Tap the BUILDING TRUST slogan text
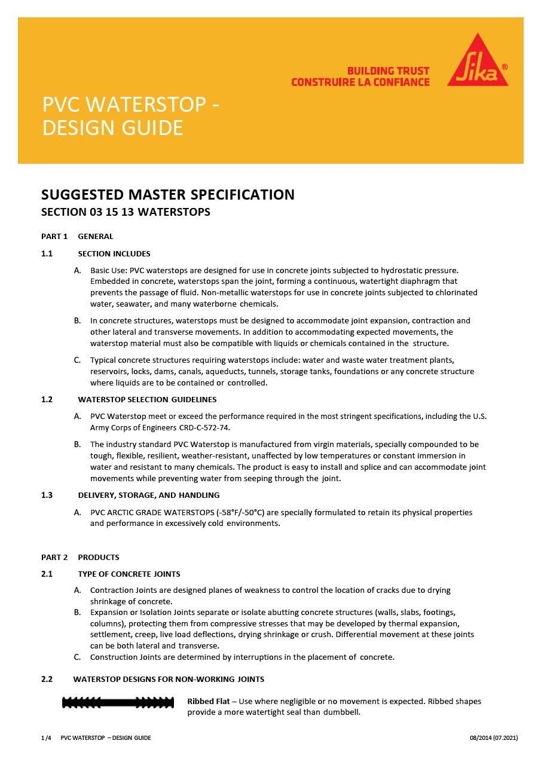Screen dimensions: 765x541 [x=388, y=71]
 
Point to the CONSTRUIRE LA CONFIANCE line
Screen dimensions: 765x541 [x=360, y=82]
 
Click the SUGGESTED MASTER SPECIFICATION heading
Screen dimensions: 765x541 [x=167, y=195]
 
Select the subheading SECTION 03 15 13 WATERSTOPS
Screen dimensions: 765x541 [x=126, y=212]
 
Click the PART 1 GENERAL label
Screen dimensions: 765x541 [x=77, y=236]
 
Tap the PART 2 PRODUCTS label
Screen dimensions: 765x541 [x=80, y=557]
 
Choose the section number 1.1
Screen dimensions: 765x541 [x=47, y=253]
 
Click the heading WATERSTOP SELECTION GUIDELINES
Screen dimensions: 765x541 [x=147, y=399]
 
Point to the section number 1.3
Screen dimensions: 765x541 [x=47, y=495]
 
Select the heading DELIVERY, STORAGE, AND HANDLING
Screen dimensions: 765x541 [x=148, y=495]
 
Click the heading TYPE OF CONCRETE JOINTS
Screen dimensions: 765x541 [x=129, y=574]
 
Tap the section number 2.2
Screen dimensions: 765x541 [x=47, y=679]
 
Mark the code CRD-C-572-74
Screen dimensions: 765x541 [x=204, y=428]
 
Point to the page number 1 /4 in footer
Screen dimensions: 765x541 [x=46, y=738]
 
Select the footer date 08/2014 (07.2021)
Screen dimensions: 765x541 [x=494, y=738]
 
